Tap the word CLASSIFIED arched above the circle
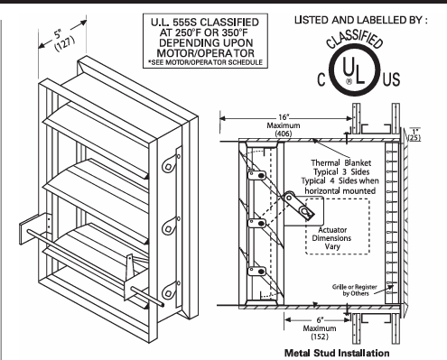355,40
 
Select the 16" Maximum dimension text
284,125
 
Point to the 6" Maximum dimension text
320,328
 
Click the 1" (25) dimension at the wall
414,134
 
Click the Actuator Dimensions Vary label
331,238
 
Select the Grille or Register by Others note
355,290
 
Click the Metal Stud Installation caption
337,353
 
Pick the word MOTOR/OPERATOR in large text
206,53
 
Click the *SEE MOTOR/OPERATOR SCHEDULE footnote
205,62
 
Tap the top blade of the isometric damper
97,124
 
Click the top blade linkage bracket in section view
256,175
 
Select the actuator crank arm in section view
299,205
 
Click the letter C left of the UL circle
321,79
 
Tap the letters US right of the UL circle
391,79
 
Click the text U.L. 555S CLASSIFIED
205,23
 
